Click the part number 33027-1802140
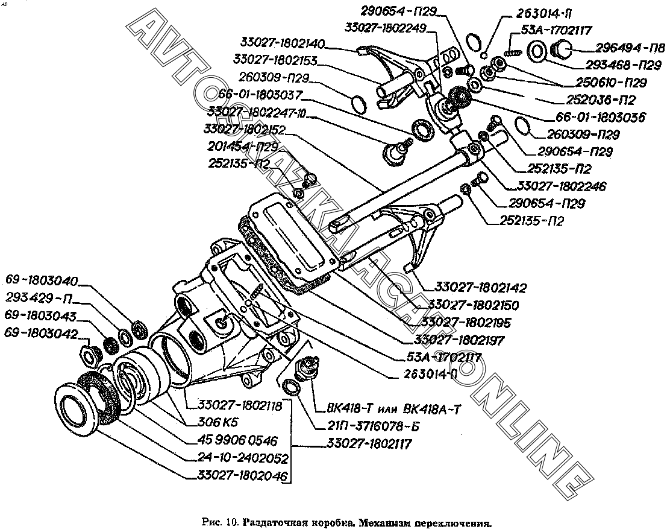pyautogui.click(x=283, y=44)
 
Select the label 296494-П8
pyautogui.click(x=630, y=48)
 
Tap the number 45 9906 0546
pyautogui.click(x=238, y=440)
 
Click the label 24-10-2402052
pyautogui.click(x=242, y=458)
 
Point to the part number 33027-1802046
pyautogui.click(x=242, y=477)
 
